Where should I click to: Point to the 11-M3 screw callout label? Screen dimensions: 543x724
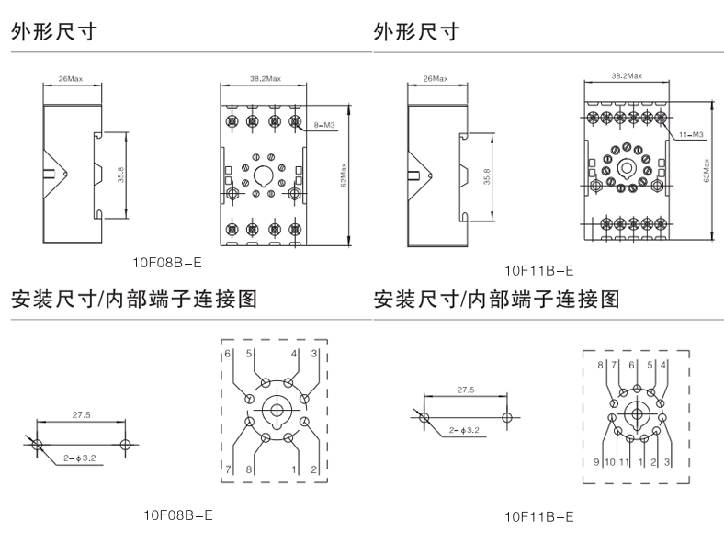coord(691,135)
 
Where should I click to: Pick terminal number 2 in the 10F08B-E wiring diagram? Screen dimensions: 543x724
coord(314,469)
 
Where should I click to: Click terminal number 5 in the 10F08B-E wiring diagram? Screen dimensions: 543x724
coord(248,353)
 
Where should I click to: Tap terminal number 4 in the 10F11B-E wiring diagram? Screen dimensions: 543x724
coord(664,366)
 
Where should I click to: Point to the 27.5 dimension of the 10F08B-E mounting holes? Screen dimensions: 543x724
coord(81,415)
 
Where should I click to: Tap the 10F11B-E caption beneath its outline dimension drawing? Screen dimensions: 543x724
coord(539,270)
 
